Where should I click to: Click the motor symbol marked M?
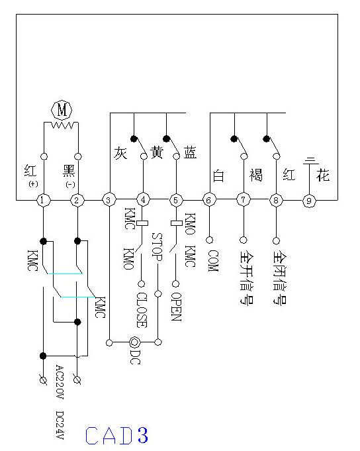pos(62,109)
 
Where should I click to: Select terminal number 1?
pos(44,200)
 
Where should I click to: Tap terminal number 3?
pos(109,200)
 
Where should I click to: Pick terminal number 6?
pos(209,200)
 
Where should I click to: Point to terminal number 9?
pos(309,201)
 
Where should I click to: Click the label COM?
pos(213,261)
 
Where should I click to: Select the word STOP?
pos(157,247)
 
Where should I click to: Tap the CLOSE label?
pos(142,310)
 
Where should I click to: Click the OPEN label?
pos(176,307)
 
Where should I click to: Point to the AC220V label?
pos(60,382)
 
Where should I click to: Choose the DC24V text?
pos(60,425)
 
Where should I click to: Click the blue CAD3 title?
pos(116,435)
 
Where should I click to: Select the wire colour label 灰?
pos(120,153)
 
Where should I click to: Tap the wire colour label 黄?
pos(157,152)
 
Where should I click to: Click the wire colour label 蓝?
pos(190,152)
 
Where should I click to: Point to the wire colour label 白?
pos(218,175)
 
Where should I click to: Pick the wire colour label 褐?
pos(255,175)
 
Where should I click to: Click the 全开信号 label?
pos(247,277)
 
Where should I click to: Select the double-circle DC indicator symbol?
pos(134,342)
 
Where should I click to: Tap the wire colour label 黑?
pos(69,171)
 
